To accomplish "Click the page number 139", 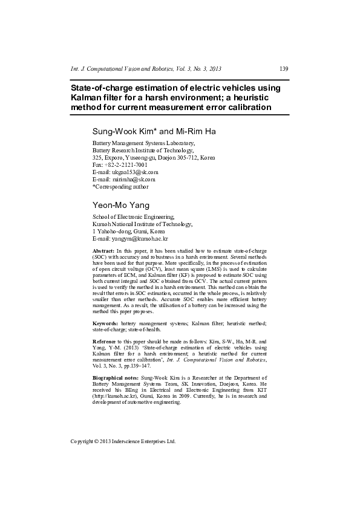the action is (x=284, y=68).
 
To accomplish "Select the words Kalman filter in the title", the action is (x=98, y=97).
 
